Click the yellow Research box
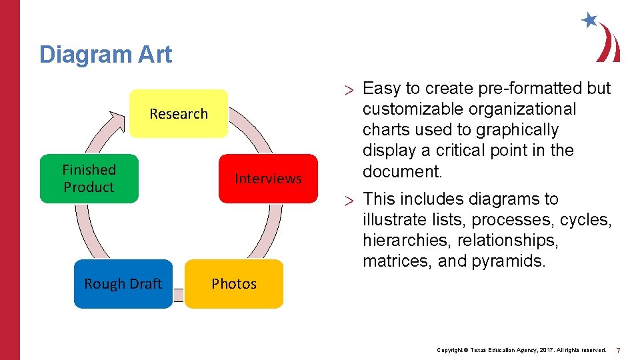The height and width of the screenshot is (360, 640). point(178,113)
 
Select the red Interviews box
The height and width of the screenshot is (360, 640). point(268,178)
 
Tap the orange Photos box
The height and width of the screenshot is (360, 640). point(233,283)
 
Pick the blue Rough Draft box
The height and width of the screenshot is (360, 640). point(123,283)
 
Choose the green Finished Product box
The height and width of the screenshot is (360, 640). point(89,178)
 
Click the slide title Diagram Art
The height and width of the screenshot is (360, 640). point(105,54)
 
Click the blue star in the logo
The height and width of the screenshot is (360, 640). point(589,20)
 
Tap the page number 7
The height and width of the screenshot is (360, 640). point(618,350)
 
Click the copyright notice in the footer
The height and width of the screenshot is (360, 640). point(521,350)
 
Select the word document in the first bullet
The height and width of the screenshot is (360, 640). point(401,171)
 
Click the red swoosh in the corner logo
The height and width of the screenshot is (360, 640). point(609,43)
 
